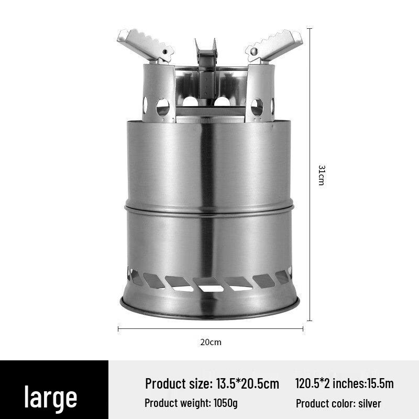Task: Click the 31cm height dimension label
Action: pos(321,175)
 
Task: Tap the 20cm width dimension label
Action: pos(211,342)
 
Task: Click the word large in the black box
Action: pos(51,397)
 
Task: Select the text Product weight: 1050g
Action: pos(191,403)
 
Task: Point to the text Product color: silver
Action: pos(338,403)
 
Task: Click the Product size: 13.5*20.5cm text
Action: pos(212,383)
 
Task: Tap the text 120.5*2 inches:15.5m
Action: pos(344,383)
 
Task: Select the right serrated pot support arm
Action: pos(275,44)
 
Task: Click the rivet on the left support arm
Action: pos(167,53)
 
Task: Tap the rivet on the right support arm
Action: pos(253,52)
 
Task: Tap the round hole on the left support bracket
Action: pos(163,107)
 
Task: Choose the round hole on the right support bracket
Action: pos(257,107)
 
